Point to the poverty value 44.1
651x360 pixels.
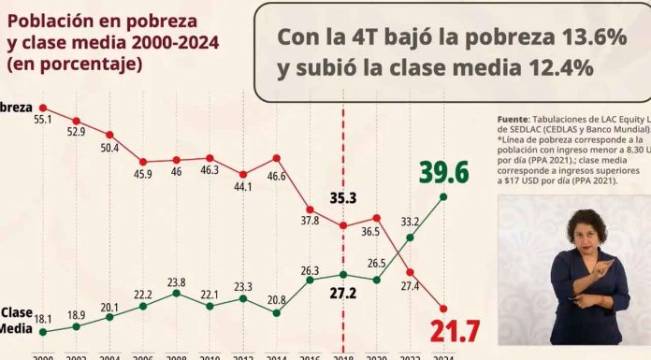click(242, 186)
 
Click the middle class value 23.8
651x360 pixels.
click(176, 281)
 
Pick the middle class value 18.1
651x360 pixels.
click(45, 319)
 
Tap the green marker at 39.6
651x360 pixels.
click(443, 196)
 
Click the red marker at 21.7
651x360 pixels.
click(443, 309)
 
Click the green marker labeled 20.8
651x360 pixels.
click(277, 312)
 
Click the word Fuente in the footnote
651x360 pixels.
click(514, 120)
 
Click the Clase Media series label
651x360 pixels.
click(16, 319)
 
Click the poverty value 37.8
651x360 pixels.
click(309, 221)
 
